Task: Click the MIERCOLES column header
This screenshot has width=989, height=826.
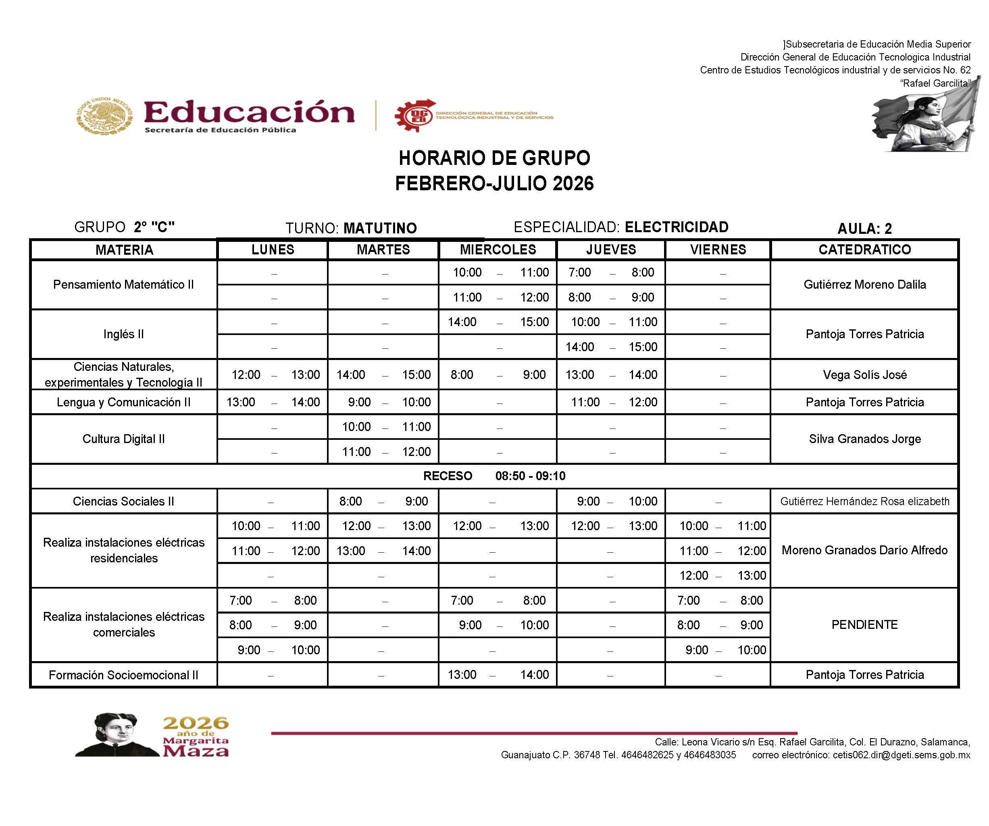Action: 498,250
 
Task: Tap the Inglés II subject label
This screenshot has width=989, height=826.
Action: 123,334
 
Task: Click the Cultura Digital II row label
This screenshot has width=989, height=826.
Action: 123,439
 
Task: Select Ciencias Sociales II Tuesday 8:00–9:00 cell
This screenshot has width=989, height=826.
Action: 383,501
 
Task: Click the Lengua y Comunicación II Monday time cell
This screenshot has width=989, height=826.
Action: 273,402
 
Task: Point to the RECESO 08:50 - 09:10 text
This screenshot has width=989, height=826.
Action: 494,476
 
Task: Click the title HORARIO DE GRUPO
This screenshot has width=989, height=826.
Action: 494,158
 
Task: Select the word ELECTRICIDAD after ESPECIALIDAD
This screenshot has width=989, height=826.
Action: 676,227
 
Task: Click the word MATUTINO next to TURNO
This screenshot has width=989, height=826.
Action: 380,229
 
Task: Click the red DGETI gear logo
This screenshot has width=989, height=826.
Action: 415,116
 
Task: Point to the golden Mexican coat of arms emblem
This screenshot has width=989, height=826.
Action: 104,115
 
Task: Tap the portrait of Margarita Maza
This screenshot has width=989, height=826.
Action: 117,735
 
